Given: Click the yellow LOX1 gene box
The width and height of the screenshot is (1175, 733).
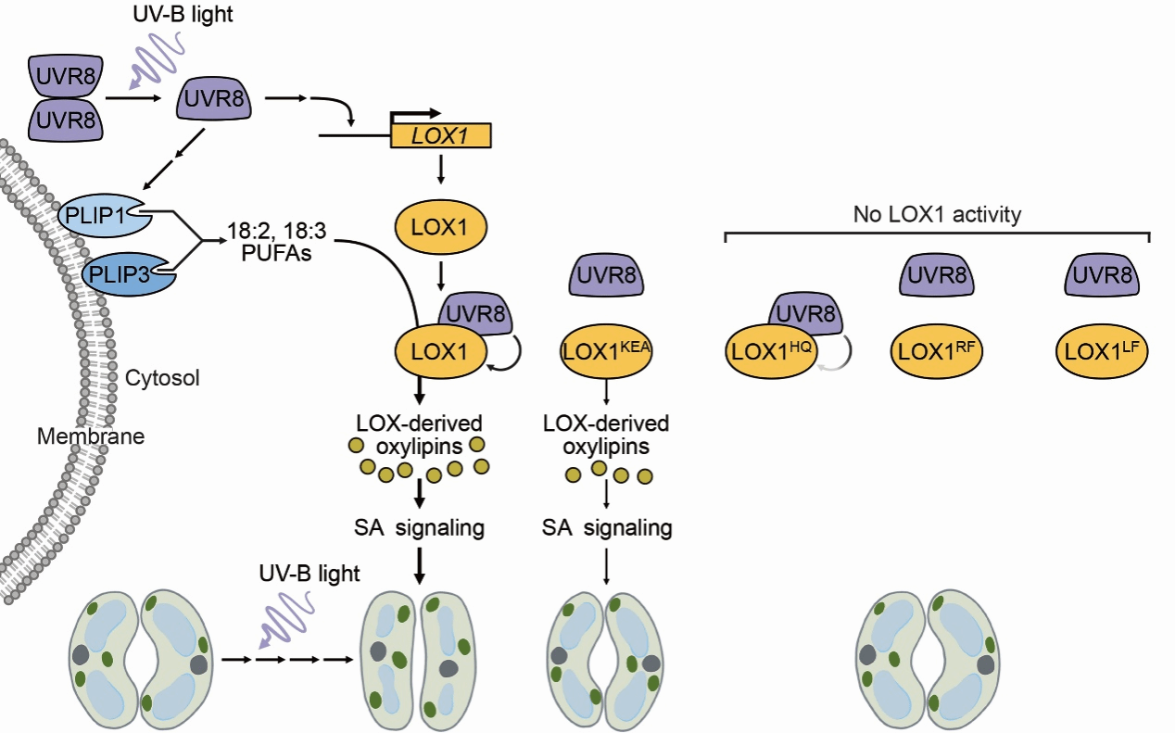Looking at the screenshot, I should click(441, 136).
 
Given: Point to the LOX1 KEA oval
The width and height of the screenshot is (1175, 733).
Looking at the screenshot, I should click(606, 349).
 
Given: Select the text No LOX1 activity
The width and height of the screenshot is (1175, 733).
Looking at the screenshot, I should click(937, 216).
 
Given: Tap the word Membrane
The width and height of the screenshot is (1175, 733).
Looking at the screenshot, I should click(91, 436).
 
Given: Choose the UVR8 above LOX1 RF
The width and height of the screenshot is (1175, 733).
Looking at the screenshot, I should click(937, 275).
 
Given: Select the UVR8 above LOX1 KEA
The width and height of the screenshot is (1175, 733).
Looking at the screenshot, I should click(606, 275).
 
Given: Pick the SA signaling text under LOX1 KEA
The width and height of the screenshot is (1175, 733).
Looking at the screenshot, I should click(606, 529).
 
